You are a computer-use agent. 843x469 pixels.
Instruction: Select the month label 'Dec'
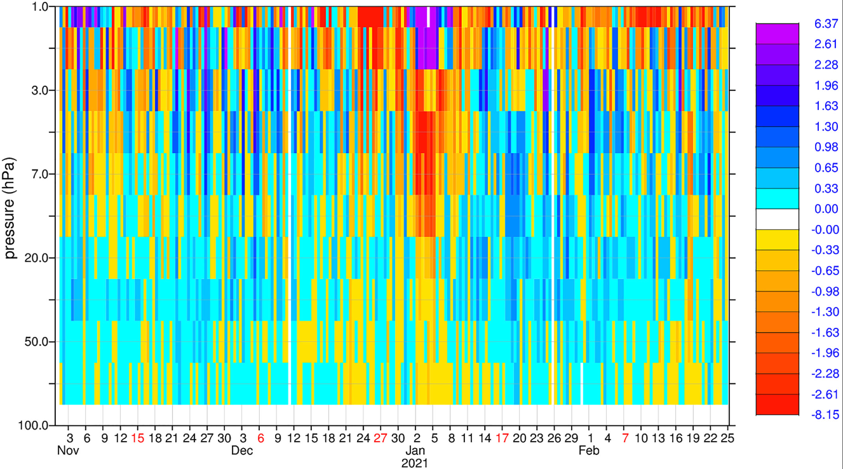tap(242, 451)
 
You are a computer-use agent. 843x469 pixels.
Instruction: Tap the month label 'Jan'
tap(415, 451)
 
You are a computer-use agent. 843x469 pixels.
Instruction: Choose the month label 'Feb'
tap(589, 451)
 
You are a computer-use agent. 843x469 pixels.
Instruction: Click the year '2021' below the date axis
tap(415, 463)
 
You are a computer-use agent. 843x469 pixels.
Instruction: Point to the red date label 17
tap(502, 438)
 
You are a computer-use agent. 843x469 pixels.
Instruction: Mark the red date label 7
tap(625, 438)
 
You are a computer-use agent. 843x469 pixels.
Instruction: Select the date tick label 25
tap(728, 438)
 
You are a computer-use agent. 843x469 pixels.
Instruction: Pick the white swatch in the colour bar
tap(777, 219)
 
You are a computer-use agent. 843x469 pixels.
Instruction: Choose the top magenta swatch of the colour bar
tap(777, 34)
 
